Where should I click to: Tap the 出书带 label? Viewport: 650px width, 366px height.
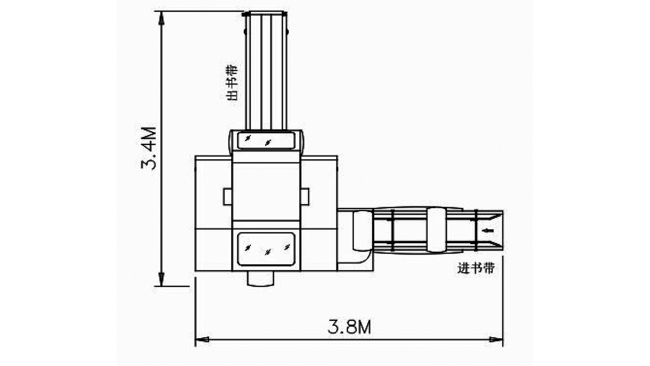(x=232, y=83)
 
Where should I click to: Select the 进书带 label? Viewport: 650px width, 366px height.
(x=476, y=268)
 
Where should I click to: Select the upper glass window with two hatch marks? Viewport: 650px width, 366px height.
(x=266, y=140)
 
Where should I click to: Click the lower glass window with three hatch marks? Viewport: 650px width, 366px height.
(x=266, y=249)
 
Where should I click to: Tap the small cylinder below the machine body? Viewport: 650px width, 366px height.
(x=260, y=279)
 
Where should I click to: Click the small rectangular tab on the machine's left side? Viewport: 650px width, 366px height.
(x=227, y=197)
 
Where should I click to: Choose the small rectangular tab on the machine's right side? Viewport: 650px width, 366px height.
(x=305, y=197)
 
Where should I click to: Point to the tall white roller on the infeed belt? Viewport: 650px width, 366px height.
(x=436, y=230)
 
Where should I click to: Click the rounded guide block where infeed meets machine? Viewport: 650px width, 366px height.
(x=362, y=230)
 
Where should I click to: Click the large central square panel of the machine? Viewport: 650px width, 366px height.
(x=266, y=191)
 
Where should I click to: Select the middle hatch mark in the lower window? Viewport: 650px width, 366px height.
(x=268, y=252)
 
